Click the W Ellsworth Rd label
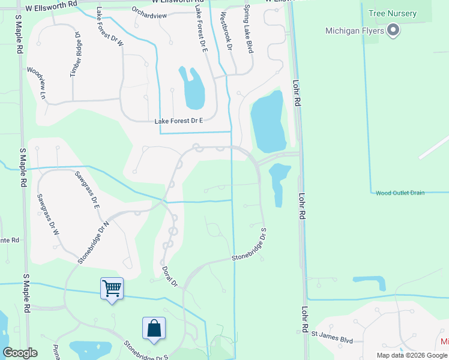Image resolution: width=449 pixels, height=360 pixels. click(51, 4)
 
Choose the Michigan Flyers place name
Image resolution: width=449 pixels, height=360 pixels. click(354, 31)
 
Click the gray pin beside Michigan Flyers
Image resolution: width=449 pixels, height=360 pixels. click(393, 29)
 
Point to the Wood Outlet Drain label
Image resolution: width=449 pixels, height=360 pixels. click(400, 193)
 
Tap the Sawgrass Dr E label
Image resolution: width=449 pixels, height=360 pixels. click(88, 190)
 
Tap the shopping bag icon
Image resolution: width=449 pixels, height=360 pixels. click(154, 328)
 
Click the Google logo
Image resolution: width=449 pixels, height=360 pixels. click(20, 353)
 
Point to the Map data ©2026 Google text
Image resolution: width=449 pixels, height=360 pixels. click(412, 355)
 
